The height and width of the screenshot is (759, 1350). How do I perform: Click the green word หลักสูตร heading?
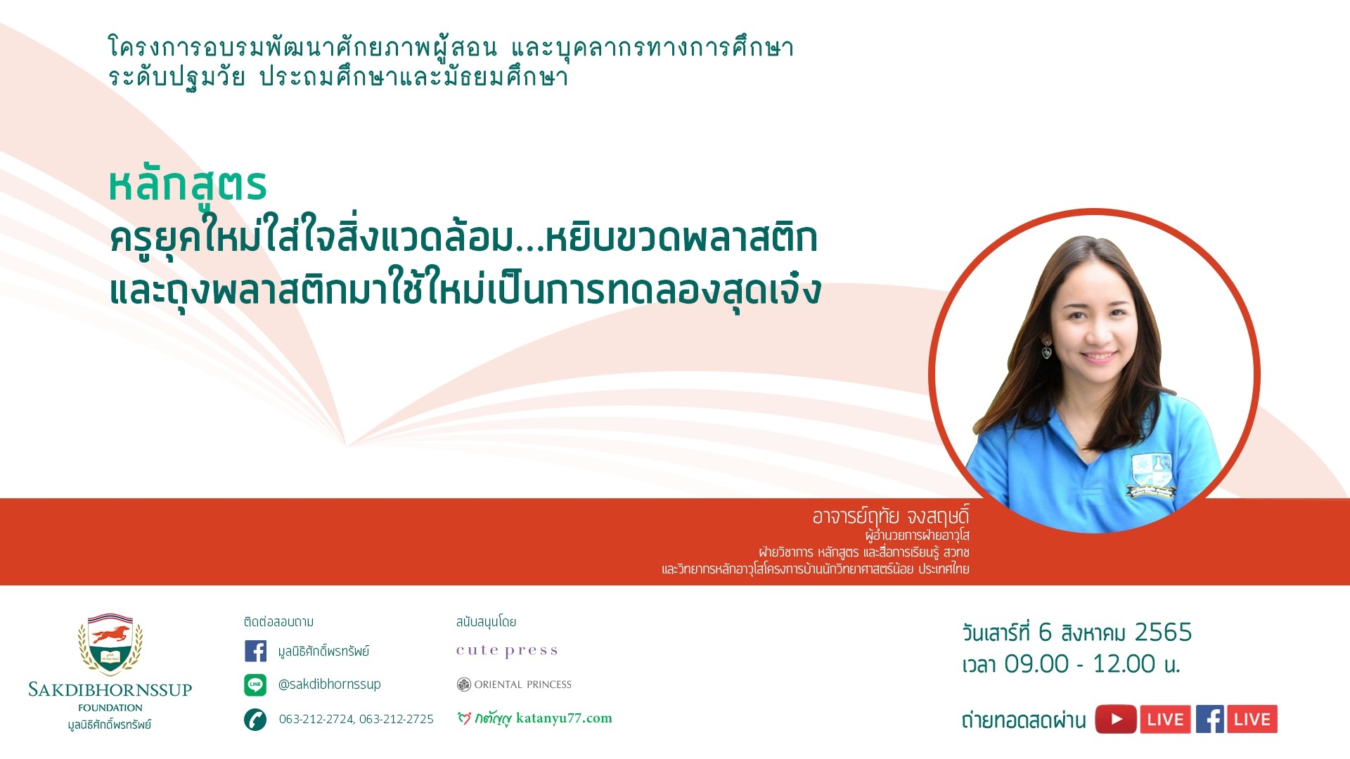(x=188, y=186)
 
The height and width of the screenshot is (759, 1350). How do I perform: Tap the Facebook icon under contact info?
(x=255, y=651)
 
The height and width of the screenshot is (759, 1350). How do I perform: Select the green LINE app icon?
(x=255, y=685)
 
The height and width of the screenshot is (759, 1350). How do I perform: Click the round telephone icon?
(x=255, y=719)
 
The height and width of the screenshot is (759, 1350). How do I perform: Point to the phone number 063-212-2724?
(x=316, y=719)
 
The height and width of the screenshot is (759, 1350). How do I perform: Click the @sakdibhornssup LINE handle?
(x=329, y=684)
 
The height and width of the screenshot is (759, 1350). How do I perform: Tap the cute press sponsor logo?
(x=507, y=651)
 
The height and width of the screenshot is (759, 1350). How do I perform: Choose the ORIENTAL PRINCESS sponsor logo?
(x=514, y=685)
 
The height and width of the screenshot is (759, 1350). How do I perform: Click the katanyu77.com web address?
(x=564, y=718)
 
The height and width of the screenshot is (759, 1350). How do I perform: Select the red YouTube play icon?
(x=1115, y=719)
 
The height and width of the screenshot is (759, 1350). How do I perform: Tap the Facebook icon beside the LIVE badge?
(x=1209, y=719)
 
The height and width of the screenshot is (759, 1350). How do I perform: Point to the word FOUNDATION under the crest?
(x=110, y=708)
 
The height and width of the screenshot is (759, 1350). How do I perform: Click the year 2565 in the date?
(x=1163, y=632)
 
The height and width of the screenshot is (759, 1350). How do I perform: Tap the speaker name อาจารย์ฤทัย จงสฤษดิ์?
(x=891, y=517)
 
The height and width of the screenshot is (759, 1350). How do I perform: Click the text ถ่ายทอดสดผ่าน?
(x=1024, y=720)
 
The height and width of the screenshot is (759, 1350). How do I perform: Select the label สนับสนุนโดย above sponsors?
(x=486, y=622)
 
